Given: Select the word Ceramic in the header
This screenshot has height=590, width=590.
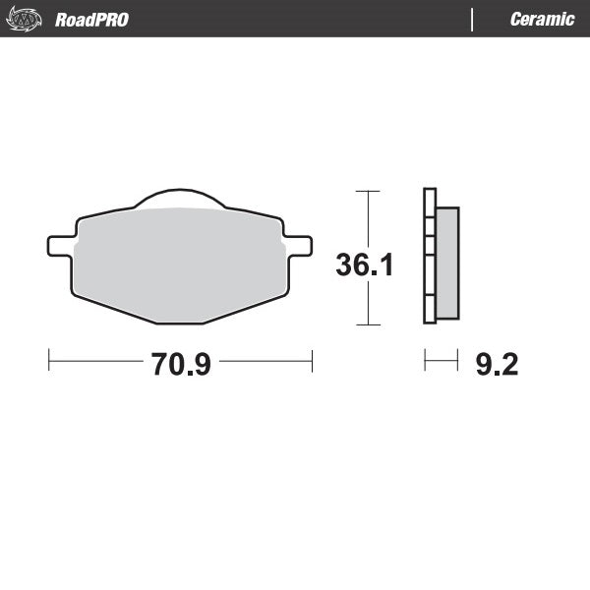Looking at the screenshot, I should pos(542,20).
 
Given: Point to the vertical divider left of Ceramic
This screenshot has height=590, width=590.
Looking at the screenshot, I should pos(474,19).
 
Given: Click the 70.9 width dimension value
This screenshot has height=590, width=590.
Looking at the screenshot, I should pos(181,364).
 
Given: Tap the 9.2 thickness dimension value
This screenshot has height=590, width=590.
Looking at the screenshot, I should pos(497,365).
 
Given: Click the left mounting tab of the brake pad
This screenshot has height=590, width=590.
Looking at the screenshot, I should pos(59,244).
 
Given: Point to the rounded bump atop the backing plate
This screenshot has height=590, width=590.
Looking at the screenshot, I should pos(179,198).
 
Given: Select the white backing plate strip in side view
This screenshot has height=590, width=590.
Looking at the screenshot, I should pos(428,256).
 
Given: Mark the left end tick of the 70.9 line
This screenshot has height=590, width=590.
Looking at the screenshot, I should pos(48,361).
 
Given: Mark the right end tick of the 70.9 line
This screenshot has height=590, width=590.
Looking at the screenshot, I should pos(312,361).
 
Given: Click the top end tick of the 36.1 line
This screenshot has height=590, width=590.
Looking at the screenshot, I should pos(367,191).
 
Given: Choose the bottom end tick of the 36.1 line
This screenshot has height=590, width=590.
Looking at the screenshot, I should pos(367,324).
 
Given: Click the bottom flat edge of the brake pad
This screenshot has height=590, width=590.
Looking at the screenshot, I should pos(179,323).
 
